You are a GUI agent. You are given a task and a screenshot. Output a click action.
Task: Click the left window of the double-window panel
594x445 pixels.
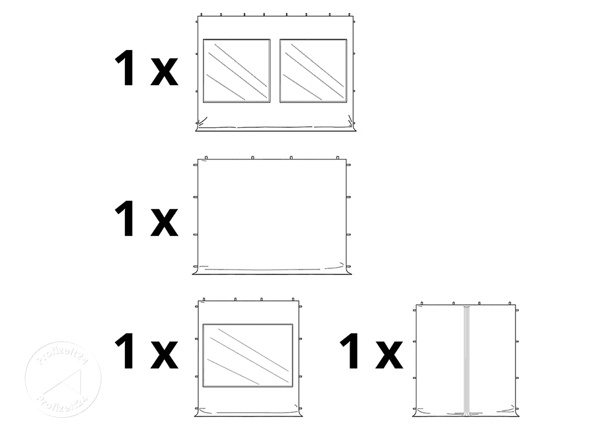[236, 70]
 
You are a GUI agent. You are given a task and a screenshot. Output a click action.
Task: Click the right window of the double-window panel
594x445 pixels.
[313, 70]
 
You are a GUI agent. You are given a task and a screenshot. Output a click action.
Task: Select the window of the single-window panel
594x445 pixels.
[247, 355]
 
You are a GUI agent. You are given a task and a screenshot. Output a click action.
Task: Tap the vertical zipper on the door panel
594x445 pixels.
[467, 361]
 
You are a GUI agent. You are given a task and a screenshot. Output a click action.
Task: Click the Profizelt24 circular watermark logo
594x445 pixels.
[62, 379]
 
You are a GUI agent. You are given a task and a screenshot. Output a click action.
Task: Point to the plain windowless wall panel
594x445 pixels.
[271, 214]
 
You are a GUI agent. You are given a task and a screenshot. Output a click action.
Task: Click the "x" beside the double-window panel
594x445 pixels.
[164, 73]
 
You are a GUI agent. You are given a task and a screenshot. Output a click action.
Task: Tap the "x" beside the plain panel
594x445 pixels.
[164, 222]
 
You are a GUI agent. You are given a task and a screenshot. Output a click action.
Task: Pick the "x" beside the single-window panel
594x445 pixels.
[164, 356]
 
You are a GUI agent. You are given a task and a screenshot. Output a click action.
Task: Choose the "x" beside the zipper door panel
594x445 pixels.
[389, 356]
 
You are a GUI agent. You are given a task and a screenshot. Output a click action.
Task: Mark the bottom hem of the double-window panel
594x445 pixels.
[275, 128]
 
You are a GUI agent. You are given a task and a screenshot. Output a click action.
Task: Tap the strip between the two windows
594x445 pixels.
[275, 70]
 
